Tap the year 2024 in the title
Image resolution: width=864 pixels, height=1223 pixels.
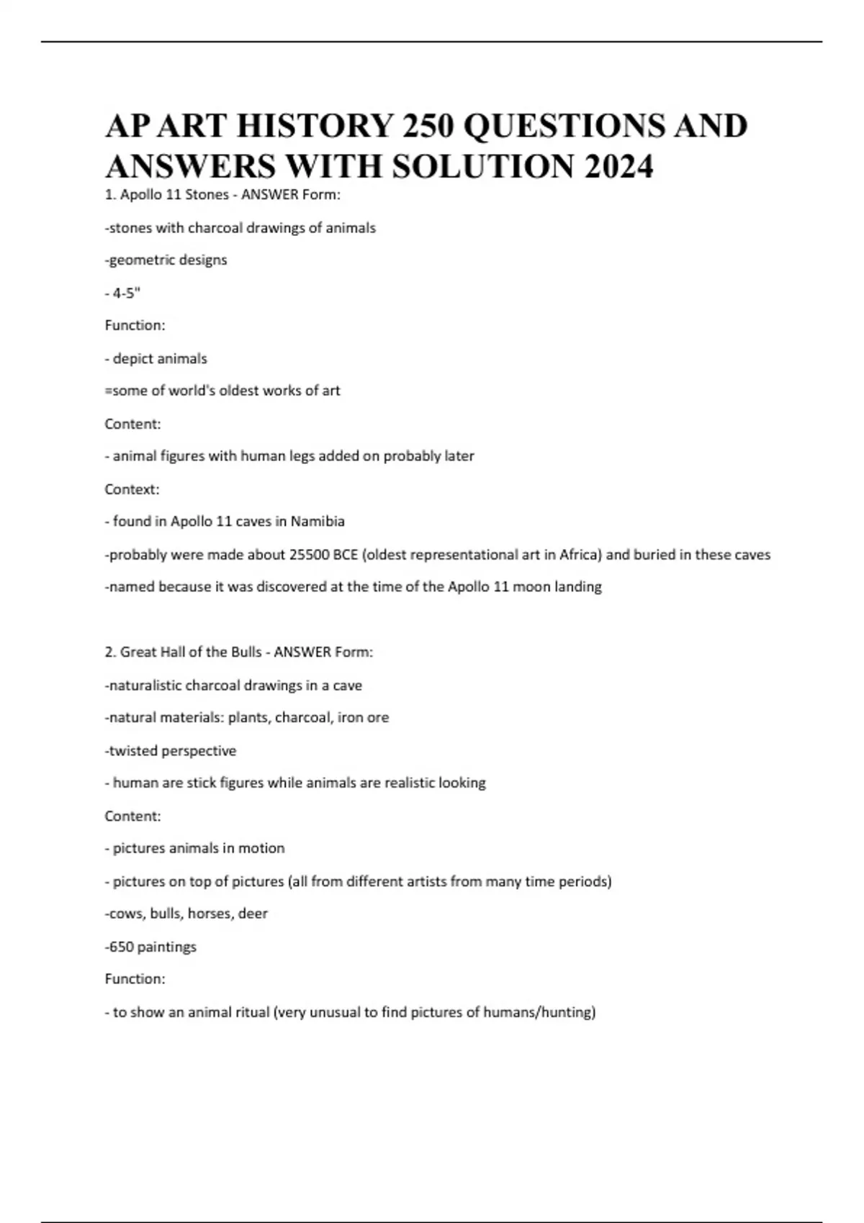click(618, 167)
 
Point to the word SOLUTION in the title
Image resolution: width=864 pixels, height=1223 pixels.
click(484, 167)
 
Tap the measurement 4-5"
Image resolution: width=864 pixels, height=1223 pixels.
click(127, 293)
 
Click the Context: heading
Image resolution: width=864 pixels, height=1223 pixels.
click(132, 489)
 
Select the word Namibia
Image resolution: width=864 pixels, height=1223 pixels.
click(318, 522)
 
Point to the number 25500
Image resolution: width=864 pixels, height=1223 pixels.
click(309, 555)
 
